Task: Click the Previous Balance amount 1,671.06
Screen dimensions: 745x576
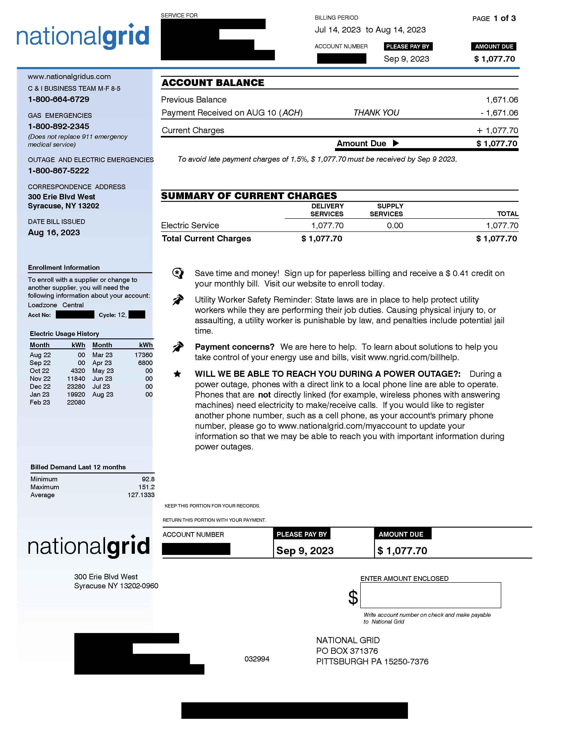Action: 502,100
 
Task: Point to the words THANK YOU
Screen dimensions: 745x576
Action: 376,113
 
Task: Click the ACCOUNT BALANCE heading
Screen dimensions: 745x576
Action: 213,83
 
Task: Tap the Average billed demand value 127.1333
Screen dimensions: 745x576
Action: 141,495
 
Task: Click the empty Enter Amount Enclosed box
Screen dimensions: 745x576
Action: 430,595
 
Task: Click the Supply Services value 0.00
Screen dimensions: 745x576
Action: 395,226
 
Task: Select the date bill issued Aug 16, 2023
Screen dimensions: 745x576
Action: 54,233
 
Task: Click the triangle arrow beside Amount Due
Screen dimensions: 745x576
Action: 396,143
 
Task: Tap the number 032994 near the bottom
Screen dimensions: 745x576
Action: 257,659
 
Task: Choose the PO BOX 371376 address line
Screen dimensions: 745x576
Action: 347,651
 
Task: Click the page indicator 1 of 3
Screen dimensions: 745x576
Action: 504,19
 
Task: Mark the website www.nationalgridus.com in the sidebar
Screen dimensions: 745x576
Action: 69,77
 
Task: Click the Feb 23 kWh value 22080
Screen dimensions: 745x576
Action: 76,403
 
